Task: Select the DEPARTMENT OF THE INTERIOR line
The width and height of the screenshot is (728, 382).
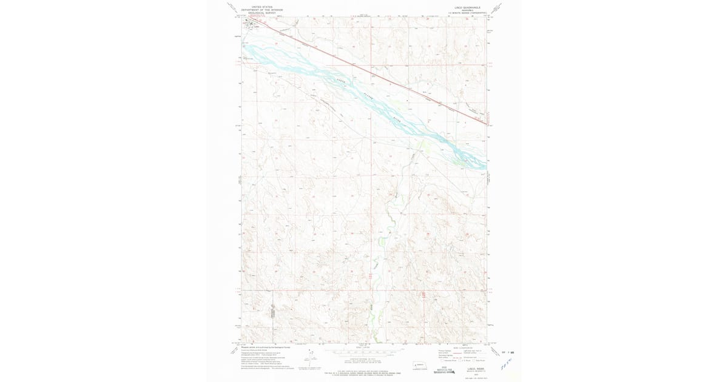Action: point(261,10)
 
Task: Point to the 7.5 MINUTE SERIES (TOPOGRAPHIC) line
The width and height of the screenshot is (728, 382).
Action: point(467,13)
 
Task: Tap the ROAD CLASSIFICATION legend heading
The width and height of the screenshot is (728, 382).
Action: point(462,347)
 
